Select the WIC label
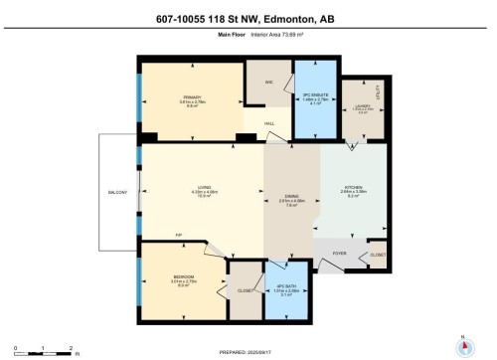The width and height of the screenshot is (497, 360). point(268,82)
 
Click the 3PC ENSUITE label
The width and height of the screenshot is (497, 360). point(315,96)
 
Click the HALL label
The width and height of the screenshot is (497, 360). point(269,124)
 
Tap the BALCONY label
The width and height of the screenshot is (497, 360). point(117,192)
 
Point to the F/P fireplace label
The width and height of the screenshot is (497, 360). point(177,235)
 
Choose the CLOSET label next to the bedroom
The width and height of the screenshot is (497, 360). point(244,289)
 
